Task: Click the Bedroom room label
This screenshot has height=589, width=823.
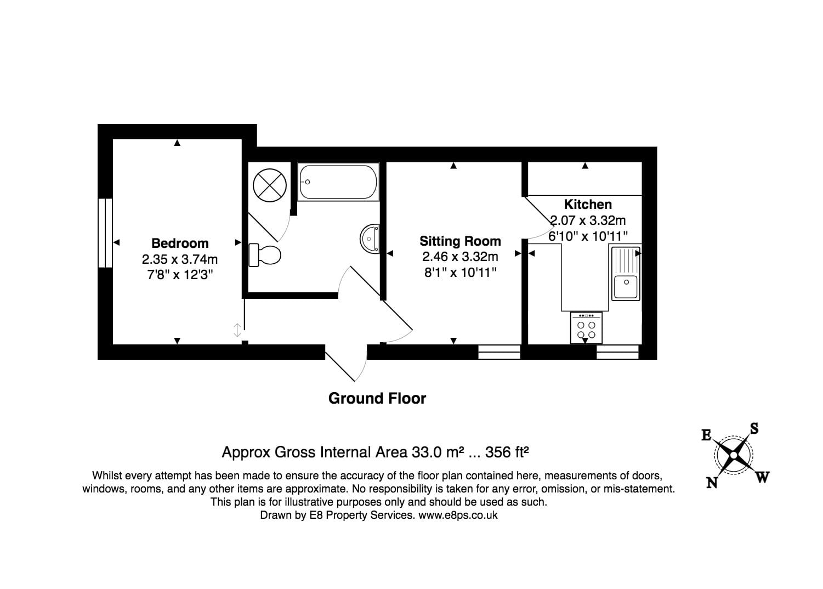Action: [x=180, y=243]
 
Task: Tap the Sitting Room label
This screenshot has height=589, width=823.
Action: [x=460, y=241]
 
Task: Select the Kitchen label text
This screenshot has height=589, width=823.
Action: [x=588, y=204]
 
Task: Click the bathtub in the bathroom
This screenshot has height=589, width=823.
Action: [x=338, y=182]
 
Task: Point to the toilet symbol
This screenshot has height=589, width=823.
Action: [x=265, y=254]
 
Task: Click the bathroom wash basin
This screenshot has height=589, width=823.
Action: [x=370, y=239]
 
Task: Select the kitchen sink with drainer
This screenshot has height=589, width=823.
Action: [x=625, y=273]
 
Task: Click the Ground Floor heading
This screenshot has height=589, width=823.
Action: [x=377, y=398]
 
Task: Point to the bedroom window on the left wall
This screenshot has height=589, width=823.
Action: [x=105, y=233]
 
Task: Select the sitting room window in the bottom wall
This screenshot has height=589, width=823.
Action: [x=499, y=352]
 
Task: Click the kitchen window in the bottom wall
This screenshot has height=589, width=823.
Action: [x=617, y=352]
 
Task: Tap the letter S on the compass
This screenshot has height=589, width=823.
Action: [x=754, y=428]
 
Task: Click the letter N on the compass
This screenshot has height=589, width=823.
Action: [x=712, y=483]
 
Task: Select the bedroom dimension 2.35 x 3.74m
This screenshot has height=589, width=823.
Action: [x=180, y=258]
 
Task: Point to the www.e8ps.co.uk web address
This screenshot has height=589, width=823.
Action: [x=458, y=515]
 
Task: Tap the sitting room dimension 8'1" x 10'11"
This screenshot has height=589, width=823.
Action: [x=460, y=272]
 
